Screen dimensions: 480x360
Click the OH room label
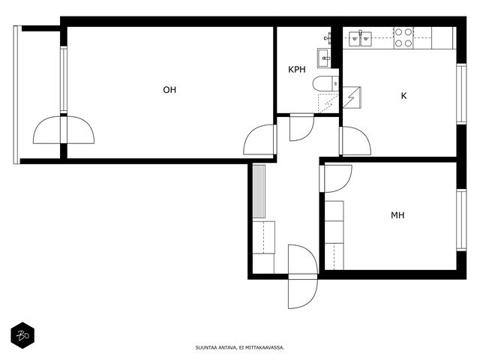[x=169, y=90]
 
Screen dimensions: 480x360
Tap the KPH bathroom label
[x=297, y=70]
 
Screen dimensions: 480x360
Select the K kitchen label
[x=403, y=96]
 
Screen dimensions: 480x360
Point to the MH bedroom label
[x=397, y=215]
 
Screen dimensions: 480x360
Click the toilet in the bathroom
[x=325, y=83]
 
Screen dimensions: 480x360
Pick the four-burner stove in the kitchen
[x=403, y=37]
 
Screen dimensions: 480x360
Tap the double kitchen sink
[x=360, y=39]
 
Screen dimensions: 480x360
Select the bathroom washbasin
[x=324, y=58]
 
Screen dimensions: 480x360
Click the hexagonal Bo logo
[x=22, y=335]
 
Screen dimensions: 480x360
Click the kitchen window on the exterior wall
[x=461, y=94]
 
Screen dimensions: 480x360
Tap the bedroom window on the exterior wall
[x=461, y=220]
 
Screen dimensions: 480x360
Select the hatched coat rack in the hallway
[x=259, y=192]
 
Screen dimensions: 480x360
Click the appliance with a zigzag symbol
[x=352, y=97]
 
